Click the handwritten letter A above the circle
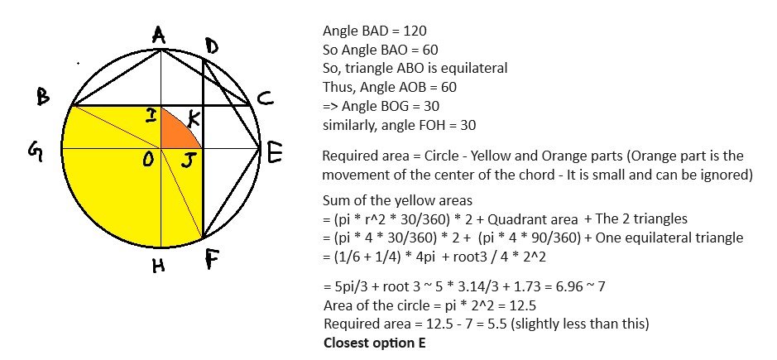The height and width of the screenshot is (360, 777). tap(159, 36)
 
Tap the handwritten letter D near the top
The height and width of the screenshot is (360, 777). tap(211, 47)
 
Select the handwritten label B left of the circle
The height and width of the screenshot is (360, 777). tap(44, 97)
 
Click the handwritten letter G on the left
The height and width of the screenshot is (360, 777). tap(35, 152)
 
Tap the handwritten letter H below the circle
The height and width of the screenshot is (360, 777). tap(159, 266)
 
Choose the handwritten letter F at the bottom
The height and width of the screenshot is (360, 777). tap(211, 259)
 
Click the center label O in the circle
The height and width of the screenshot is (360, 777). tap(147, 160)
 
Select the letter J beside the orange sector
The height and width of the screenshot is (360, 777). tap(187, 161)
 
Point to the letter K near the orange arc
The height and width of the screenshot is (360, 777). tap(194, 119)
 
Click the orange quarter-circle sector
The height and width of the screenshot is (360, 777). tap(177, 132)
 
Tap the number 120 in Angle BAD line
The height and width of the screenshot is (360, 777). tap(415, 31)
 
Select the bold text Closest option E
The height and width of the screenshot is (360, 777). tap(374, 343)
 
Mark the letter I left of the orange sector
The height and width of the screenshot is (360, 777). tap(151, 116)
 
